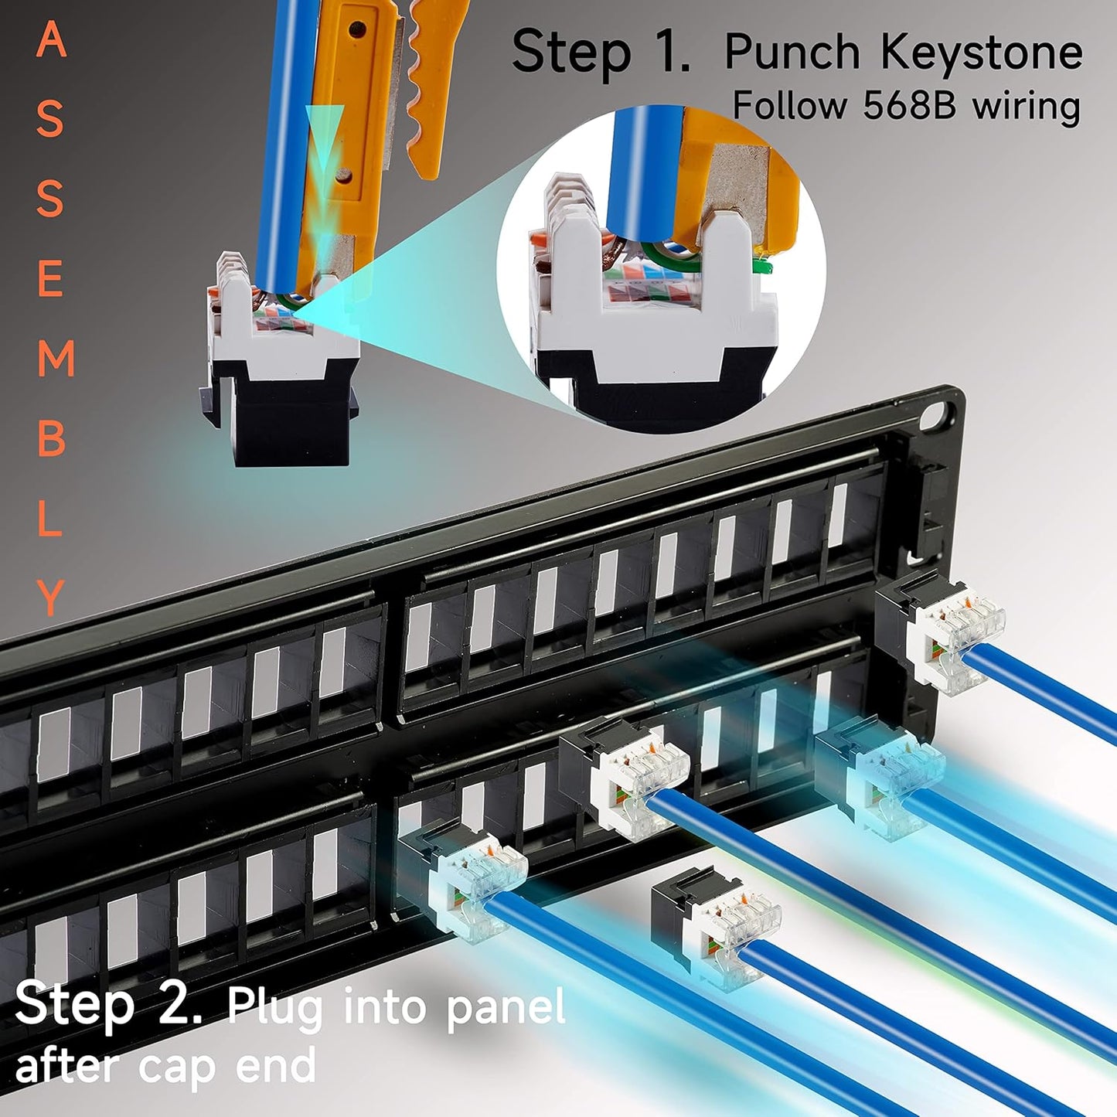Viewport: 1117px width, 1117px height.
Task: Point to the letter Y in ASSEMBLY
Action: pyautogui.click(x=51, y=597)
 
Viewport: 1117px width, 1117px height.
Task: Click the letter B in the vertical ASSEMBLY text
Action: pyautogui.click(x=51, y=439)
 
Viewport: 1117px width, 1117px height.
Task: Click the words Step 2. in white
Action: pyautogui.click(x=108, y=1005)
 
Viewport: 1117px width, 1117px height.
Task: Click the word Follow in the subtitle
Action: pyautogui.click(x=788, y=105)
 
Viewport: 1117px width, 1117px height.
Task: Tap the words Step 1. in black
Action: pyautogui.click(x=600, y=53)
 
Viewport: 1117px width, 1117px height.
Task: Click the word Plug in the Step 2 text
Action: pyautogui.click(x=275, y=1008)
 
